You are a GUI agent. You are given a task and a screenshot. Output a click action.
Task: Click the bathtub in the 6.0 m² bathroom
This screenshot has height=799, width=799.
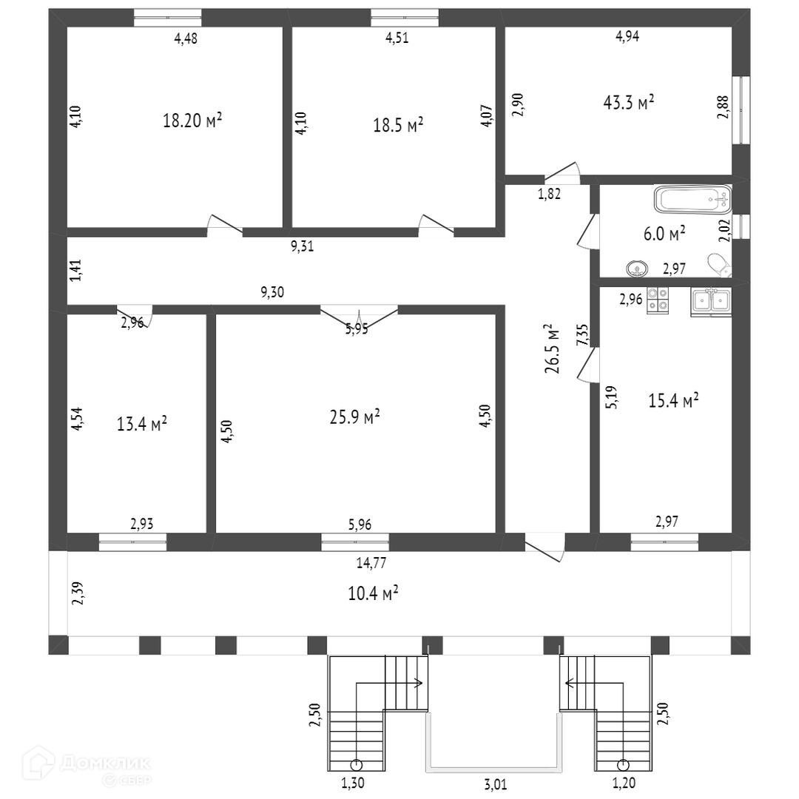692,199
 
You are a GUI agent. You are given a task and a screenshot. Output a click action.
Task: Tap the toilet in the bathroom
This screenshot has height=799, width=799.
718,266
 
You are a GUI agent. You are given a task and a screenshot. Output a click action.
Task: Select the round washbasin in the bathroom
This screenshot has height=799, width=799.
636,269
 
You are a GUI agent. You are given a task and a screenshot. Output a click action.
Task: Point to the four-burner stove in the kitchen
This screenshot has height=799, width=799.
658,299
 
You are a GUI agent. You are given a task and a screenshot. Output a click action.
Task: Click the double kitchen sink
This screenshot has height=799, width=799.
710,300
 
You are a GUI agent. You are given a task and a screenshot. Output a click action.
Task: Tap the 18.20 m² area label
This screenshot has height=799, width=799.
192,121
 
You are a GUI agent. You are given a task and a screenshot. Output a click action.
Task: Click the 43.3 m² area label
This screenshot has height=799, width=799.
629,103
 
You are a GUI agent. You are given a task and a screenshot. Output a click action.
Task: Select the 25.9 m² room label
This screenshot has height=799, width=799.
354,417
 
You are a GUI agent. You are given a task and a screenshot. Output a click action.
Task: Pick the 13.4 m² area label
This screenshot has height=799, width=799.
141,424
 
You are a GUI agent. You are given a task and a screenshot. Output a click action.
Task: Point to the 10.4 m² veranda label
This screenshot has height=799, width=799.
374,593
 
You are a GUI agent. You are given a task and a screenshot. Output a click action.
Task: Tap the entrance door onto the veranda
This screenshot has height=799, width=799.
545,547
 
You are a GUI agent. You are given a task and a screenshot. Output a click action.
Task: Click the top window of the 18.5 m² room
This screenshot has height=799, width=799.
404,17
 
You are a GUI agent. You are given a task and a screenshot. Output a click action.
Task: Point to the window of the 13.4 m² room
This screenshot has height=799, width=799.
132,542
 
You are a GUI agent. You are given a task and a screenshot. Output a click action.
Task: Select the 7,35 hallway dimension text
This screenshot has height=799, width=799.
582,334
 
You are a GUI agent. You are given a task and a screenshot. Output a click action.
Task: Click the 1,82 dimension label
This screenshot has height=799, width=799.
548,195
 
